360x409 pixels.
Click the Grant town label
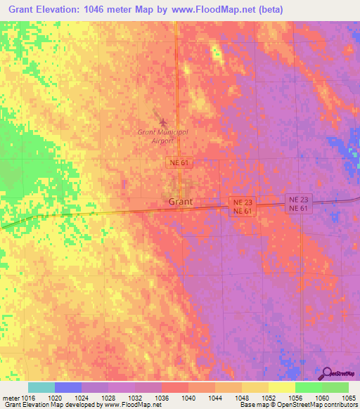(180, 202)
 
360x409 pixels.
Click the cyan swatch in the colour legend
(41, 387)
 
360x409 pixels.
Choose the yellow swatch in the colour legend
(281, 387)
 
